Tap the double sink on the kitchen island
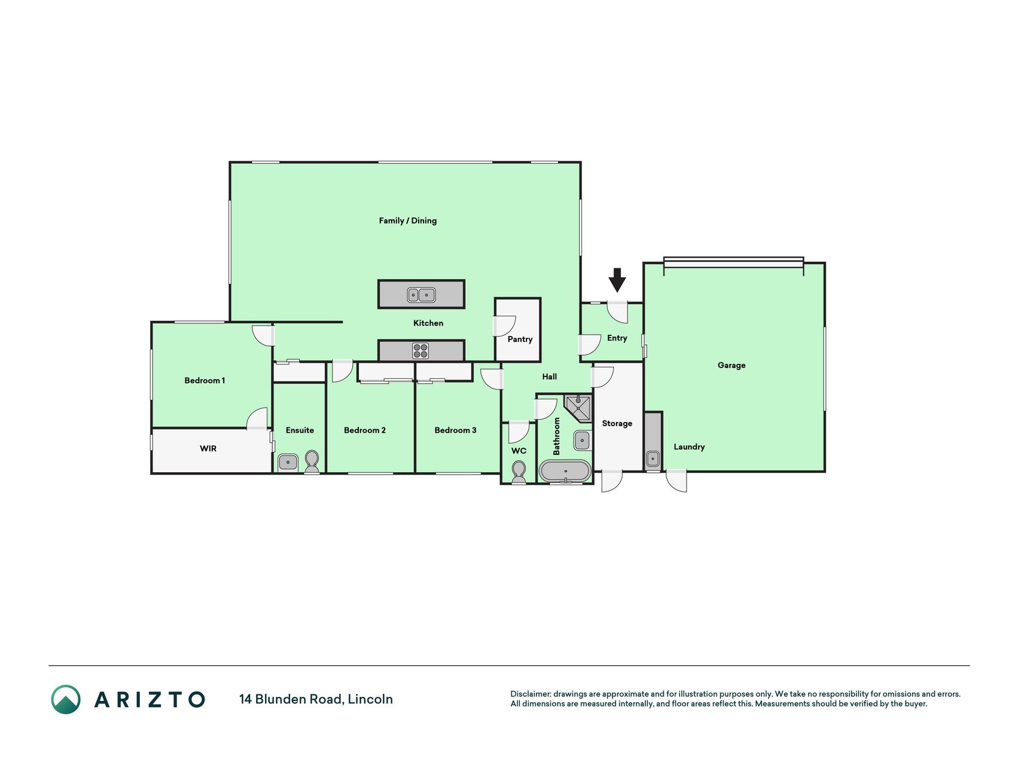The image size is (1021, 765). (x=421, y=295)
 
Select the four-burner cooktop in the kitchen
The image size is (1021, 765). (x=420, y=351)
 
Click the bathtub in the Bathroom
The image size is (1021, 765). (x=565, y=471)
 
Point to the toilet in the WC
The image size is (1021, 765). (x=519, y=472)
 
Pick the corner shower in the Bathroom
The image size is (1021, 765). (x=578, y=409)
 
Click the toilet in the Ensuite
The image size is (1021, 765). (x=312, y=461)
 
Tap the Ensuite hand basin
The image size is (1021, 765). (x=288, y=463)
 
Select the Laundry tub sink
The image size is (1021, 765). (x=653, y=459)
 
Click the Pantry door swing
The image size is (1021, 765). (x=504, y=326)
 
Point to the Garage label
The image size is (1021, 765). (x=732, y=365)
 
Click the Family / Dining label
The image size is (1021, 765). (x=408, y=221)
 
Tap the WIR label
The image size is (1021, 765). (x=208, y=448)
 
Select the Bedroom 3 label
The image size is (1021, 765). (x=455, y=430)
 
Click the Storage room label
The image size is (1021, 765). (x=617, y=424)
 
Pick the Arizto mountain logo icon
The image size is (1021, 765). (x=66, y=699)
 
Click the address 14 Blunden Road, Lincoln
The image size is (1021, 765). (x=316, y=699)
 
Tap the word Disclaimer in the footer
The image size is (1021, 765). (x=531, y=694)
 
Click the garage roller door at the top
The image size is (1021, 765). (x=733, y=262)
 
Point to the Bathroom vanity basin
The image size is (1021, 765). (x=583, y=441)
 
